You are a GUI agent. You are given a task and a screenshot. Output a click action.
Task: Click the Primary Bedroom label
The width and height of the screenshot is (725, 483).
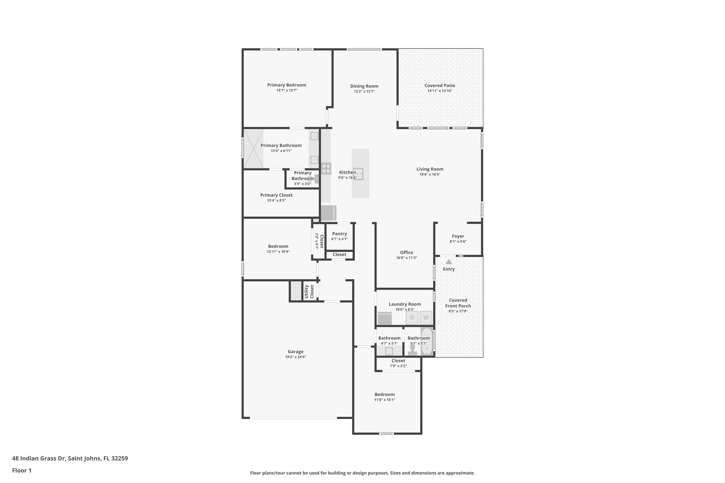pyautogui.click(x=286, y=85)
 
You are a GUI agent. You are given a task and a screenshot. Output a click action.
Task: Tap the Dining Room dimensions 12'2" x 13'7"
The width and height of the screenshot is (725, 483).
pyautogui.click(x=364, y=92)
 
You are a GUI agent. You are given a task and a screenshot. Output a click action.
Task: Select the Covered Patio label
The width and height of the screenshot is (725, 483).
pyautogui.click(x=440, y=85)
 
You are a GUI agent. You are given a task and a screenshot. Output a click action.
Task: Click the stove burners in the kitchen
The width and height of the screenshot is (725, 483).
pyautogui.click(x=326, y=168)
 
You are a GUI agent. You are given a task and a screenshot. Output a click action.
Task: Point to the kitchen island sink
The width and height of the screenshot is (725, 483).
pyautogui.click(x=358, y=174)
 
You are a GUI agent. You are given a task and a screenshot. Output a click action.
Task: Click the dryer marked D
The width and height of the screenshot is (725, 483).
pyautogui.click(x=412, y=317)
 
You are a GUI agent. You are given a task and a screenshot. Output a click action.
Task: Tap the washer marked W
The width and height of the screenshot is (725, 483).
pyautogui.click(x=426, y=317)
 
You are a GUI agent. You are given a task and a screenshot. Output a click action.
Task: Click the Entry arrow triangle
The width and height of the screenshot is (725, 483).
pyautogui.click(x=449, y=262)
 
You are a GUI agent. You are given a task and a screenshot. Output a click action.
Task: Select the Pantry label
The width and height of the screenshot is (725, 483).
pyautogui.click(x=339, y=234)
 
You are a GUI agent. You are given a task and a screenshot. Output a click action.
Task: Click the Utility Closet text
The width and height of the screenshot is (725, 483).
pyautogui.click(x=309, y=292)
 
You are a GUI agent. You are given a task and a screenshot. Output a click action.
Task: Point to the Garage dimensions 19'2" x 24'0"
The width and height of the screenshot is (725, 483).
pyautogui.click(x=295, y=357)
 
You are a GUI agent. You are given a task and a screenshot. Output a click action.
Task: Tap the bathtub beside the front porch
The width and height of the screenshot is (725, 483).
pyautogui.click(x=427, y=342)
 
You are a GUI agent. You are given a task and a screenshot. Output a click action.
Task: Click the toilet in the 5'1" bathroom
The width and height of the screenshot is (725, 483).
pyautogui.click(x=412, y=350)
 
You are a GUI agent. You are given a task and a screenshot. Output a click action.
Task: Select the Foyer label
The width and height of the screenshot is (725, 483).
pyautogui.click(x=458, y=236)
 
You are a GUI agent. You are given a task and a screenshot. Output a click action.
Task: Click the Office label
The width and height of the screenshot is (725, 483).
pyautogui.click(x=406, y=252)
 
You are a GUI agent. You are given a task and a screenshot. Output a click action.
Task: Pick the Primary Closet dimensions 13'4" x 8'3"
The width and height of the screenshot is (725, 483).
pyautogui.click(x=276, y=201)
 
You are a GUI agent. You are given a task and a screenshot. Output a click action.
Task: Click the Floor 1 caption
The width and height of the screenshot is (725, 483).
pyautogui.click(x=22, y=471)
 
